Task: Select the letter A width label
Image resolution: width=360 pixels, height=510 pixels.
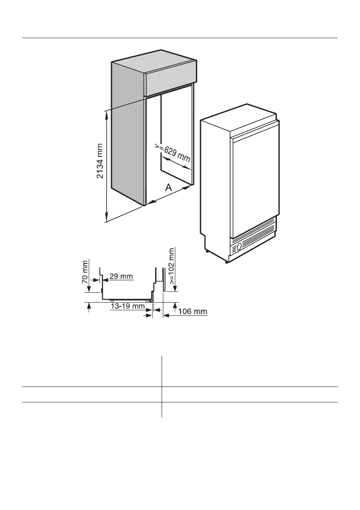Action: click(x=168, y=187)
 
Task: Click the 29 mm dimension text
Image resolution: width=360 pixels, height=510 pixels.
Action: click(x=121, y=276)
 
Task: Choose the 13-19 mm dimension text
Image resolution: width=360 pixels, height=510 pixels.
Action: click(x=127, y=306)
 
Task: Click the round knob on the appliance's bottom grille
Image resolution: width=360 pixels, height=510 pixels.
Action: click(x=239, y=246)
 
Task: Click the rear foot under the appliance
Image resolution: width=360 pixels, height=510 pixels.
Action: click(x=207, y=252)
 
